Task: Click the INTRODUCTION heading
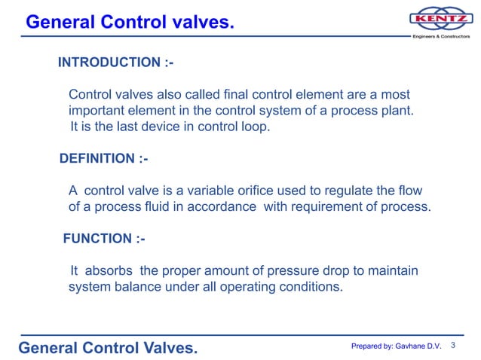click(x=115, y=63)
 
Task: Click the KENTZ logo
click(x=441, y=18)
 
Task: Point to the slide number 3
click(x=454, y=345)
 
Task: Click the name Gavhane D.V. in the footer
click(x=417, y=346)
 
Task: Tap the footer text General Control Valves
click(x=108, y=347)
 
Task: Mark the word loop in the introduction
click(x=253, y=127)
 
